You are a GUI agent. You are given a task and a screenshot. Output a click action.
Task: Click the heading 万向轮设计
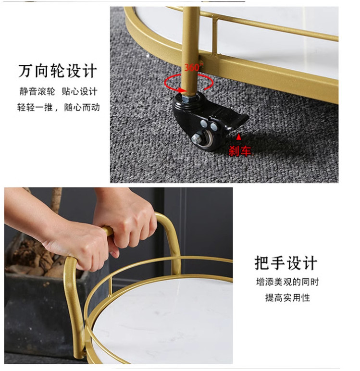click(58, 71)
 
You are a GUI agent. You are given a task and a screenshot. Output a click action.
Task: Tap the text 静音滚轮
click(37, 91)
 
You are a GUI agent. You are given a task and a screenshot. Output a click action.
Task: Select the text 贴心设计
click(79, 91)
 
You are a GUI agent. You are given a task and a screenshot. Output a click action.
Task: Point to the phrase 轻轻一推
click(35, 108)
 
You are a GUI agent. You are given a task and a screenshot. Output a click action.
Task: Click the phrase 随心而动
click(82, 108)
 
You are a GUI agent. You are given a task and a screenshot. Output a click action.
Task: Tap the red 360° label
click(193, 67)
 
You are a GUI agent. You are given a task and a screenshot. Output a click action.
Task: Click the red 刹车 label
click(239, 151)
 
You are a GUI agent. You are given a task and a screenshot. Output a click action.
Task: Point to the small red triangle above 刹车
click(239, 137)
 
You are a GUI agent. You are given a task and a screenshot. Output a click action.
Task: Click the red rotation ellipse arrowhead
click(183, 90)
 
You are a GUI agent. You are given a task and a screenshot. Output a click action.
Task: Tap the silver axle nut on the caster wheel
click(196, 138)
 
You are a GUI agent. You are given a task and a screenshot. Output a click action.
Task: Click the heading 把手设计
click(286, 263)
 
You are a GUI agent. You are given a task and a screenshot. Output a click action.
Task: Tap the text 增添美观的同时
click(287, 282)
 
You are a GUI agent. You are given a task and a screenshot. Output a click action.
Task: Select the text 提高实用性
click(287, 297)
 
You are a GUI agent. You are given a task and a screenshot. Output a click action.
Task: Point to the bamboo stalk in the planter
click(56, 200)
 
